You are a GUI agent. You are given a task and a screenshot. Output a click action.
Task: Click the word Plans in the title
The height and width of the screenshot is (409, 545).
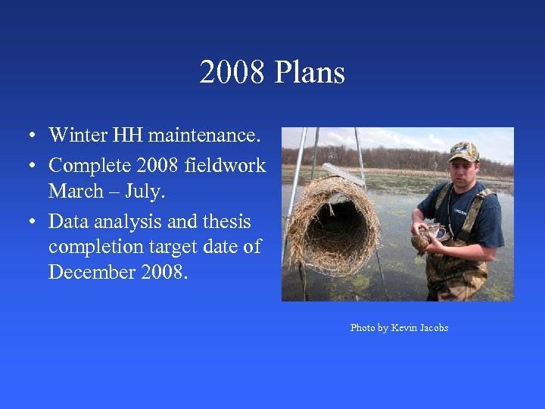310,73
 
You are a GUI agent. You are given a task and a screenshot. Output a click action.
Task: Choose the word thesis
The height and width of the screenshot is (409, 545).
226,221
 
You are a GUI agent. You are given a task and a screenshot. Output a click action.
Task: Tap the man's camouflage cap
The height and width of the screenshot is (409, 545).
463,151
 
